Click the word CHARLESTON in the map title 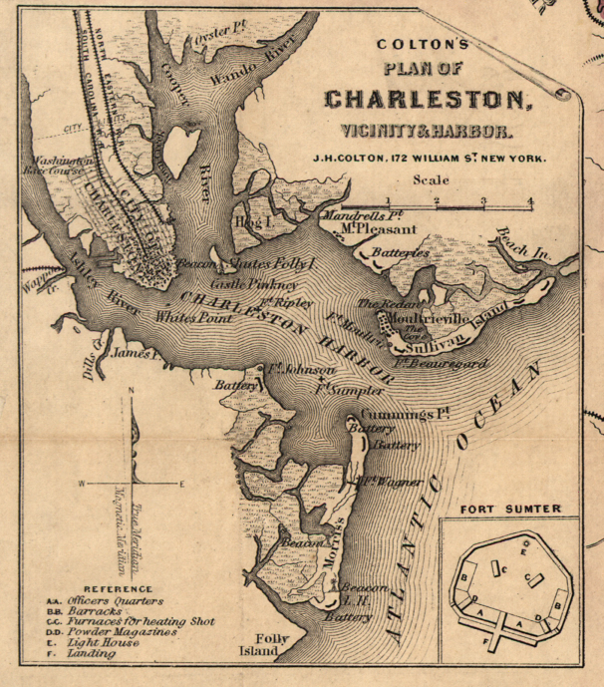point(424,101)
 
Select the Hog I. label point(254,220)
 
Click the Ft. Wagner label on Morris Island point(390,483)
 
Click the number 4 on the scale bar point(530,201)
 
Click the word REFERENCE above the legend point(118,589)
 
